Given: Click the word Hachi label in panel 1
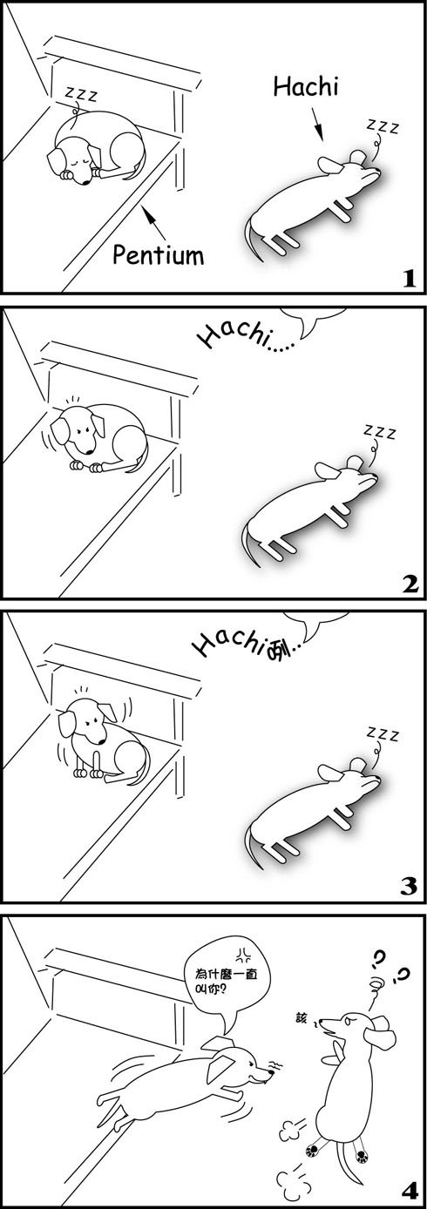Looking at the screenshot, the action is pos(306,86).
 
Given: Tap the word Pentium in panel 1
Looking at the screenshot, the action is pos(159,253).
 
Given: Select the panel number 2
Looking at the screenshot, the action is pos(410,584).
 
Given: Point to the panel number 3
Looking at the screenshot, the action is pos(410,886).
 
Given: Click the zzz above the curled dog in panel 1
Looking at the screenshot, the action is pos(81,94).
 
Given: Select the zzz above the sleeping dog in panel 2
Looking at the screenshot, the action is pos(379,431).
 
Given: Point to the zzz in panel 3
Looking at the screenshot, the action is pos(383,733).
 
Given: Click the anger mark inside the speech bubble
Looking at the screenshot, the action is pos(243,956).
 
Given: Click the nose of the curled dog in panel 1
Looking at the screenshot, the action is pos(85,182).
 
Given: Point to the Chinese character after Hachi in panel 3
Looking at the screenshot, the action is pos(278,652).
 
